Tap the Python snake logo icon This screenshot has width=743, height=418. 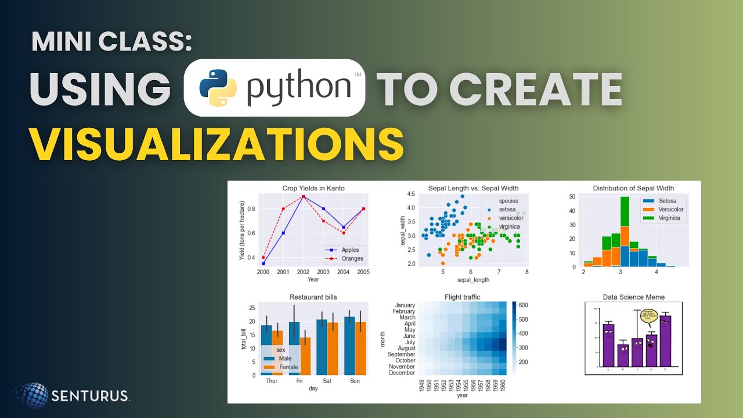pos(214,88)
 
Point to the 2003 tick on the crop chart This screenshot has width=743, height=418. pos(323,272)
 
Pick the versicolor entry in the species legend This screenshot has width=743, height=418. pos(506,218)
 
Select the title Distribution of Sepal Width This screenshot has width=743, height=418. pos(633,188)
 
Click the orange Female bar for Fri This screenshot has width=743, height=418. pos(305,356)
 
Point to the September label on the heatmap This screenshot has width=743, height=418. pos(396,354)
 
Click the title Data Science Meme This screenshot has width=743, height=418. pos(633,297)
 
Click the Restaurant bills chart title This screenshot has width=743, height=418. pos(313,297)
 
